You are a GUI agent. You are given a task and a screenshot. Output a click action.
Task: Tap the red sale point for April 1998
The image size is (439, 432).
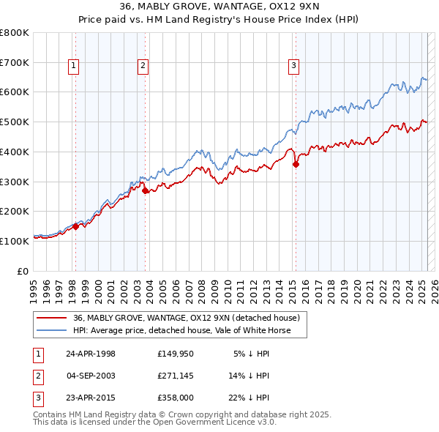(75, 226)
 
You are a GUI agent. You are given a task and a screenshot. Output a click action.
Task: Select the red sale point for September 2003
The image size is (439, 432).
(145, 190)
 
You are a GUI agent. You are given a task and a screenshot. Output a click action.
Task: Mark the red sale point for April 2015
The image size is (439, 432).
(296, 165)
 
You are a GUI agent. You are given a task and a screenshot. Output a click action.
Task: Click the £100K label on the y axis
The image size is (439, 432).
(15, 241)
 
